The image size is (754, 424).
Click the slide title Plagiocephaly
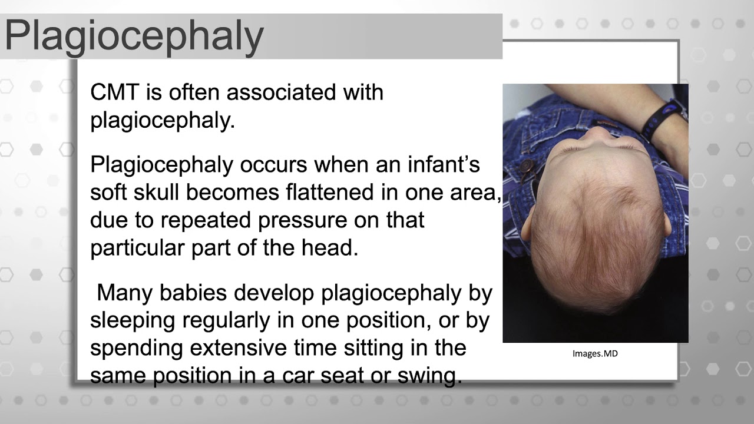point(134,35)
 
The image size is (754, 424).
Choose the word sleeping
point(133,320)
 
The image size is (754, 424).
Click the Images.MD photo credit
point(595,354)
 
